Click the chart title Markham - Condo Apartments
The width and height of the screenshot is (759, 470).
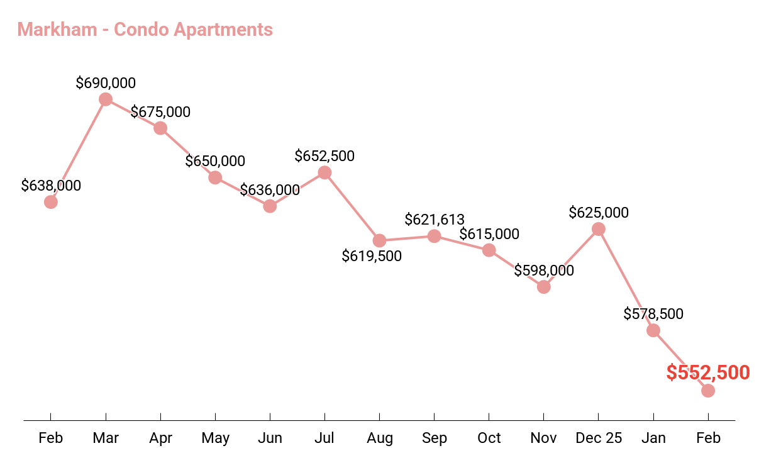145,30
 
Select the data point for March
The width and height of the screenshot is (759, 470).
106,99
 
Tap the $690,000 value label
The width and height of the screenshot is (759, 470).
106,83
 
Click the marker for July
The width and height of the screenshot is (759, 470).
324,172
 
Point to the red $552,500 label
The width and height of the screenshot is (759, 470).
708,372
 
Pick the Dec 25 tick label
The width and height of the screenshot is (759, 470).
598,438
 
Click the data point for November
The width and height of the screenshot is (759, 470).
544,287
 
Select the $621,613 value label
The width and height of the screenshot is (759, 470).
435,220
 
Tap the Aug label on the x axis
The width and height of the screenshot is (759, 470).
379,438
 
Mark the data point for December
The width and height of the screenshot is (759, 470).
599,229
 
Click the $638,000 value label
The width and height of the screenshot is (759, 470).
51,186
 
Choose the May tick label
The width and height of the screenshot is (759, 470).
215,438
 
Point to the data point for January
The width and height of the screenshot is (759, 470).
653,330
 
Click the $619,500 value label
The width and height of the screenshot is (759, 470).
372,256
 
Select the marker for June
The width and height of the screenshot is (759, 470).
270,206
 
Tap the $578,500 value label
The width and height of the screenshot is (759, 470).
653,314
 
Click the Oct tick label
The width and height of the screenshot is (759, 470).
489,438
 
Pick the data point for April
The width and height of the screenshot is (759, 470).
160,128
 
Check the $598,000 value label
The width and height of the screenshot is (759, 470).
544,271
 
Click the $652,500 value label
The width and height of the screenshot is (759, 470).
324,156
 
